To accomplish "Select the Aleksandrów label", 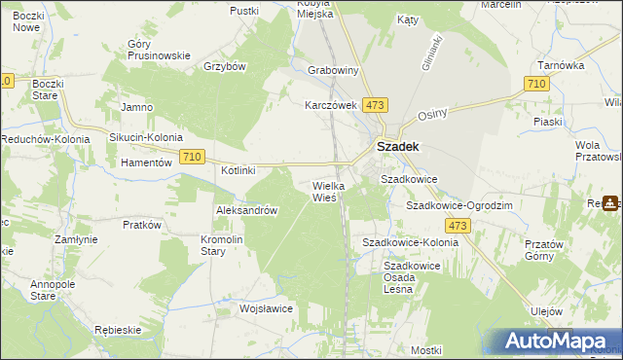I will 247,210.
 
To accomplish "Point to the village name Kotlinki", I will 238,170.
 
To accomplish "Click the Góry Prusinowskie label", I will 159,50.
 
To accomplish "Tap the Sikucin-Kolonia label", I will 145,138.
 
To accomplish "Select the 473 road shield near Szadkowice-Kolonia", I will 459,226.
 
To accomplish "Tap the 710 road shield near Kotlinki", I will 192,157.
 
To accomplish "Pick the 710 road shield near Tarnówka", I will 534,85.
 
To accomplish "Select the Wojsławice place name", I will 266,308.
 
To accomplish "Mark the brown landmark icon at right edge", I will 611,203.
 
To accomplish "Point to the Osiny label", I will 431,114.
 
